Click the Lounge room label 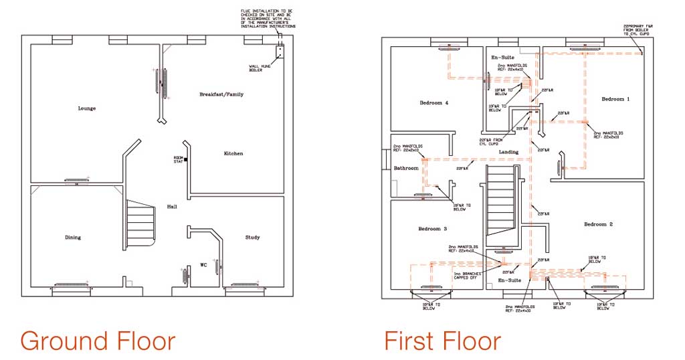click(86, 108)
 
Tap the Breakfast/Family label click(221, 94)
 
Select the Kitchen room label click(233, 154)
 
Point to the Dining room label click(73, 238)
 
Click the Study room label click(252, 238)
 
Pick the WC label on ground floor click(204, 265)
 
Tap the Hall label click(172, 207)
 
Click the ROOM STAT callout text click(179, 159)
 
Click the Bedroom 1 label click(615, 99)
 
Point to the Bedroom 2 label click(597, 224)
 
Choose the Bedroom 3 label click(433, 229)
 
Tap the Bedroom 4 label click(434, 103)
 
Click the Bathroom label click(406, 168)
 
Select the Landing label click(508, 153)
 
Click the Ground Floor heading click(98, 341)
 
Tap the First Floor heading click(442, 341)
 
